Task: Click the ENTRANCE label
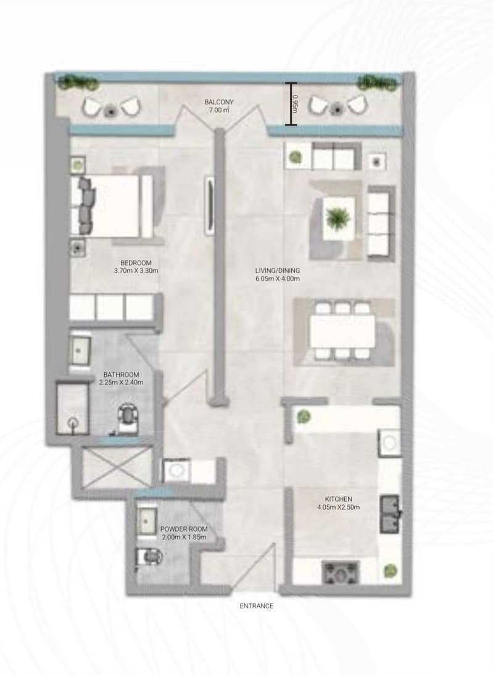[256, 606]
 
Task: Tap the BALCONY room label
[218, 102]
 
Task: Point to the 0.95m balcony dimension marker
[291, 104]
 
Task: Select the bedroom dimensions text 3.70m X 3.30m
[136, 271]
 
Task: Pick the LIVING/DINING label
[277, 271]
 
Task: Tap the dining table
[342, 331]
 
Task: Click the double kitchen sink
[390, 514]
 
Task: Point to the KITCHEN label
[338, 499]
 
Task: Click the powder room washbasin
[147, 521]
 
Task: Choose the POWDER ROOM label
[184, 529]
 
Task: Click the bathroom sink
[80, 351]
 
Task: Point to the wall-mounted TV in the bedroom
[210, 206]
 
